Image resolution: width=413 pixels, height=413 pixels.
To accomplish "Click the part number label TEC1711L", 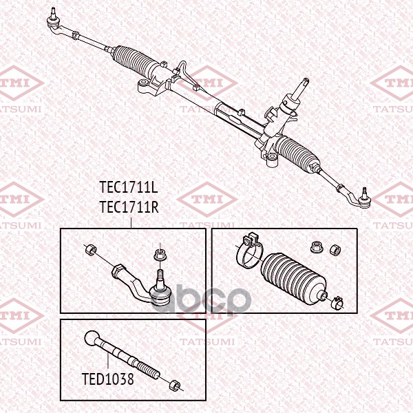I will click(129, 188).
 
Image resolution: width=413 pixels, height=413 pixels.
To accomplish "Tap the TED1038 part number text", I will click(107, 378).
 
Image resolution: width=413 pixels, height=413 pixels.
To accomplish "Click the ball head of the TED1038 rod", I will click(93, 338).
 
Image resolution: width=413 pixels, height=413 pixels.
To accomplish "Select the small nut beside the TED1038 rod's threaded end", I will click(174, 384).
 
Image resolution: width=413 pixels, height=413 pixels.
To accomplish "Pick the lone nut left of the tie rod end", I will click(89, 248).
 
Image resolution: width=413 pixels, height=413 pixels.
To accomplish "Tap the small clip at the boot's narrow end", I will click(337, 300).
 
